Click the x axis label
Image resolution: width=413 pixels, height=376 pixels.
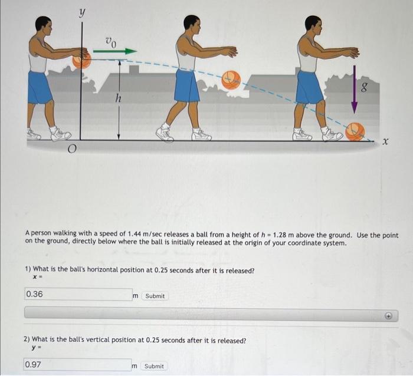[385, 143]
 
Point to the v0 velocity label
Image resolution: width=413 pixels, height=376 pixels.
[110, 41]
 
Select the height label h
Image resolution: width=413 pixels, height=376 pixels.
[119, 99]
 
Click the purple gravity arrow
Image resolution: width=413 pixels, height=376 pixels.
[355, 88]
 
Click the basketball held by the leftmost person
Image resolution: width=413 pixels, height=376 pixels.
[82, 60]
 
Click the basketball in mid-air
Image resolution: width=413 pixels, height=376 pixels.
[231, 80]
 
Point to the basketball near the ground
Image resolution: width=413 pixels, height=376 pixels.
[355, 131]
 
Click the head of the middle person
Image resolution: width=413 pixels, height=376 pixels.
[191, 24]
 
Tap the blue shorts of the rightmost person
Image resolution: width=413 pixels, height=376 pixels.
[309, 87]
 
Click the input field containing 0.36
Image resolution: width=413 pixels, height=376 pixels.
[77, 294]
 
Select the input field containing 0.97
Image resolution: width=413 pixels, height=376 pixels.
[77, 365]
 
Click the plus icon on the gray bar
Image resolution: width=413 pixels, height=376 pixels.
[389, 316]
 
